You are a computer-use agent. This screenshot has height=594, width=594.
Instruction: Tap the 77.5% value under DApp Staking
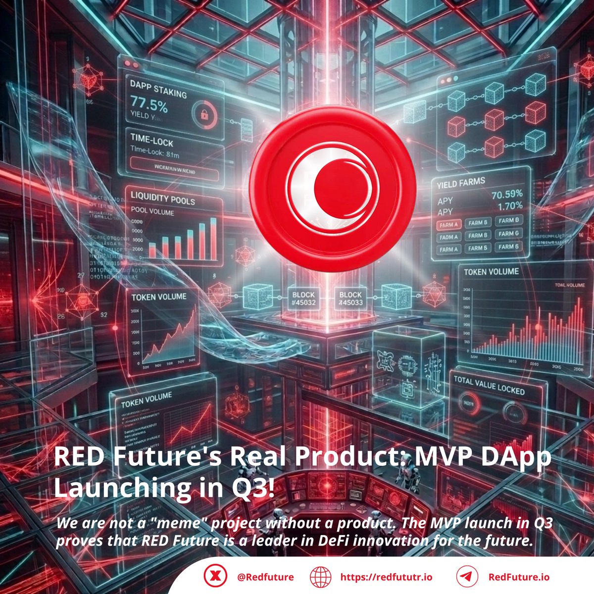149,105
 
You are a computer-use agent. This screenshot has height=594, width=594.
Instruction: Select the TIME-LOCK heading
151,140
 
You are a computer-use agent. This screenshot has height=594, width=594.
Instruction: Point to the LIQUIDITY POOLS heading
163,198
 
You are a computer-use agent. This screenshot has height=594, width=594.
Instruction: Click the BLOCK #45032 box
303,299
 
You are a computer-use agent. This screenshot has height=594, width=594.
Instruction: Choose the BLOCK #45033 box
350,298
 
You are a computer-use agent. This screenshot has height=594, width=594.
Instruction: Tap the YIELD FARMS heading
461,184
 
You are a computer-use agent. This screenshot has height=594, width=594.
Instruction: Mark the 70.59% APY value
506,195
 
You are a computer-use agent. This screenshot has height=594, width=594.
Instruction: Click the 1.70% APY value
510,206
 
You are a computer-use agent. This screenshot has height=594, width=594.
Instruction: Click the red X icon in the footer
215,577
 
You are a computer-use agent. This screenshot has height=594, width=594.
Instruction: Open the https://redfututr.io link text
386,577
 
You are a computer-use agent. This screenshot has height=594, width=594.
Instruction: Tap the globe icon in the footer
320,577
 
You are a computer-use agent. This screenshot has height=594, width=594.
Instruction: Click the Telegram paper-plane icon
466,577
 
